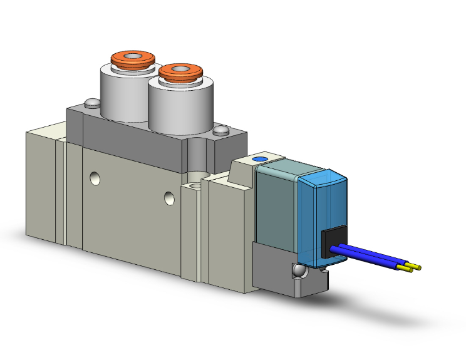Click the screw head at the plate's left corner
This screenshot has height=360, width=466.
point(91,103)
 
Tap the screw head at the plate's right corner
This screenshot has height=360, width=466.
point(220,131)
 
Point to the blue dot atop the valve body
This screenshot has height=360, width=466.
point(257,160)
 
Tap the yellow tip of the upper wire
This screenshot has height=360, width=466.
point(417,267)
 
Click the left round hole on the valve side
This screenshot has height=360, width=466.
point(95,179)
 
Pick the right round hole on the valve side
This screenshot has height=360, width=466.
point(168,198)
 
